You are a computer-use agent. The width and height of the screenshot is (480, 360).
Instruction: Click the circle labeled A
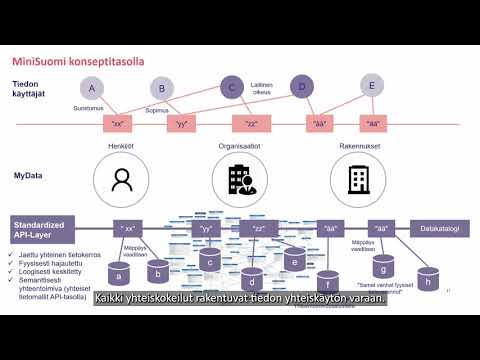point(93,87)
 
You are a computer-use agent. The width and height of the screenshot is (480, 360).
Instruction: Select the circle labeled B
point(161,89)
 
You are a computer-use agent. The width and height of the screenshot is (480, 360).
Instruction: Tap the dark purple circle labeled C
point(232,88)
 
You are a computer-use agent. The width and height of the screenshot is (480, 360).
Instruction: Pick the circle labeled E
point(372,85)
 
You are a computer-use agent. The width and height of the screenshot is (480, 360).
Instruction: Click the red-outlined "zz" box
point(251,124)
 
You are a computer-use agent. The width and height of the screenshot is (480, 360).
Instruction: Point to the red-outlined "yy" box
point(181,124)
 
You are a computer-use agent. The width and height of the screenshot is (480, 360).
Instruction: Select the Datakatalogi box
point(440,228)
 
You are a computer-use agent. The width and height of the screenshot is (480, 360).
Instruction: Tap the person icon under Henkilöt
point(121,180)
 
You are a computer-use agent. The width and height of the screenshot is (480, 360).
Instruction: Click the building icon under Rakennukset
point(357,180)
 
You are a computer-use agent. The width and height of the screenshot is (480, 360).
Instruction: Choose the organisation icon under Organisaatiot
point(240,180)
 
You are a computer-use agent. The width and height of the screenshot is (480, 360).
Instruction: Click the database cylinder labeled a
point(121,272)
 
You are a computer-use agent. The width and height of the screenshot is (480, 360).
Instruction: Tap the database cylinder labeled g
point(382,269)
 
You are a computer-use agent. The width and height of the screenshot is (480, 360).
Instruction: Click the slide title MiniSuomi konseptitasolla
point(79,61)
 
